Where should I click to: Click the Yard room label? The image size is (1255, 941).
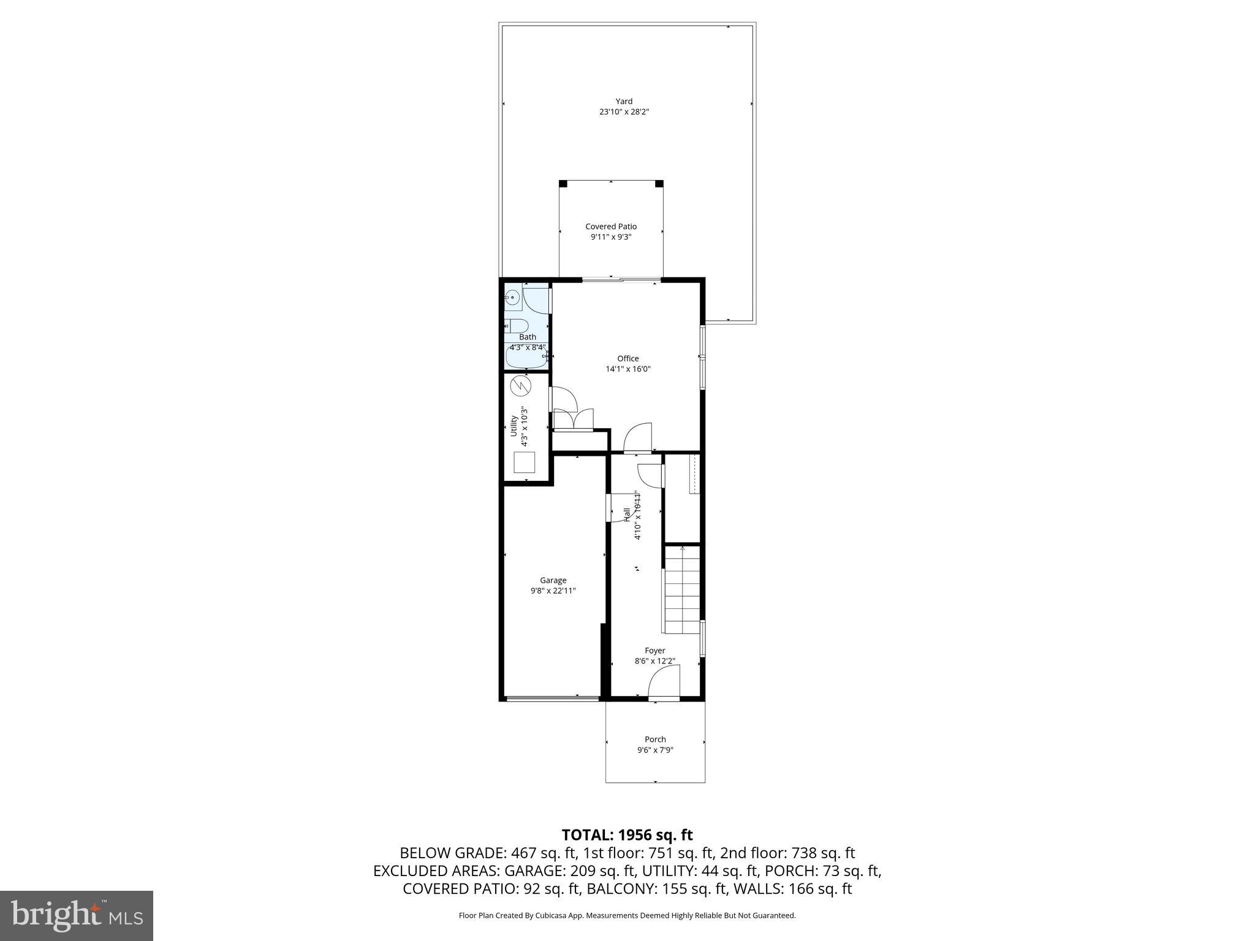(624, 102)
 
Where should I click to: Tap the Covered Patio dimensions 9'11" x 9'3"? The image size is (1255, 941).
(610, 237)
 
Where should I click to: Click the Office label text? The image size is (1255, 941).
(627, 359)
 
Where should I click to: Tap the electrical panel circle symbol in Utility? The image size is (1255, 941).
(520, 385)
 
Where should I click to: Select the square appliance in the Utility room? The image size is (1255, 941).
(525, 462)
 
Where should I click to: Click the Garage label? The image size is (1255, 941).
(553, 580)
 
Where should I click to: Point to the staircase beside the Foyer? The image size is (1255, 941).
(682, 591)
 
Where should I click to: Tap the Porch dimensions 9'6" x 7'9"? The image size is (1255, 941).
(655, 750)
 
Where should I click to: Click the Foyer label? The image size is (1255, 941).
(654, 651)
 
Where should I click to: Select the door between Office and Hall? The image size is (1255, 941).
(637, 437)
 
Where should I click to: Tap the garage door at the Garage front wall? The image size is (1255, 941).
(552, 698)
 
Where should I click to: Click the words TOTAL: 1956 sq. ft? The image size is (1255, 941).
(627, 835)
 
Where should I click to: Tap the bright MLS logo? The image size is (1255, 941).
(77, 915)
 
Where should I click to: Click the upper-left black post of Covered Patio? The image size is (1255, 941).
(563, 183)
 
